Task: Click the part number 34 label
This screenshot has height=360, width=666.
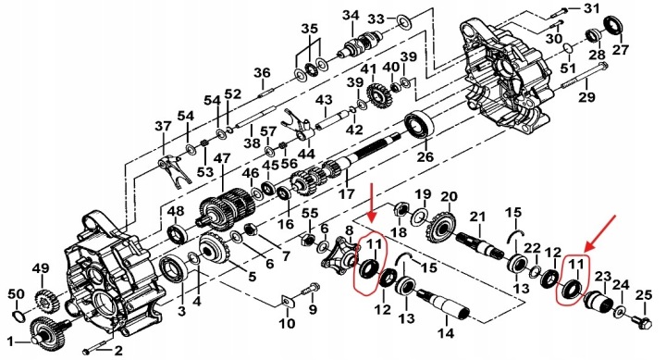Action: (351, 16)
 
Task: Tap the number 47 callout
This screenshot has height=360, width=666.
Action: (223, 158)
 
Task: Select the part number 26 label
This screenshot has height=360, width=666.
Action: (425, 156)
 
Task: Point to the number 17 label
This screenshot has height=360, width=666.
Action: (346, 193)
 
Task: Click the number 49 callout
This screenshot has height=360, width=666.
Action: (42, 268)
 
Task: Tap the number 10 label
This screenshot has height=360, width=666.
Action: (287, 323)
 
